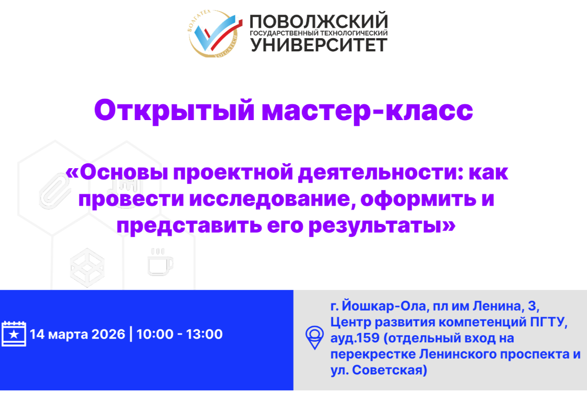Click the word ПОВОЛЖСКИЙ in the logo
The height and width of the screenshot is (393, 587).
pos(319,22)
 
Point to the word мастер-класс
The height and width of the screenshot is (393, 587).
pos(368,111)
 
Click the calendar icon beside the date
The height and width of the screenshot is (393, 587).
pos(14,334)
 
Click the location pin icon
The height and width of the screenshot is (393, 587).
pos(314,337)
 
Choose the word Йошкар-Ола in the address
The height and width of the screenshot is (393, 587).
pos(379,305)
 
